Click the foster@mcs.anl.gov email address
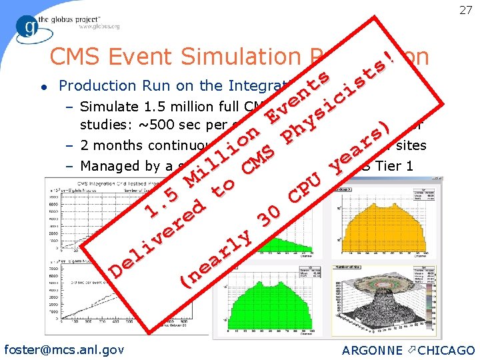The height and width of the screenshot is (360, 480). [64, 349]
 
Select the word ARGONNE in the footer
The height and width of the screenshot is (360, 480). [372, 350]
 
